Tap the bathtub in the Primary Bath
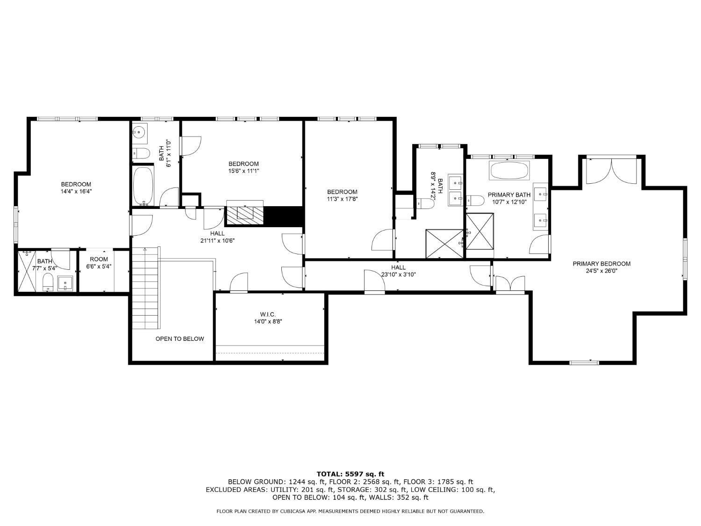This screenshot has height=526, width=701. (x=509, y=171)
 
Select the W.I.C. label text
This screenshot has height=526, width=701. (x=268, y=314)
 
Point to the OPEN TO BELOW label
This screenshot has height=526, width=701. (x=179, y=339)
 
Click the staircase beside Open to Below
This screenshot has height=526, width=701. (x=146, y=290)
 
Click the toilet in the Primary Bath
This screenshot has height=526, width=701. (x=475, y=201)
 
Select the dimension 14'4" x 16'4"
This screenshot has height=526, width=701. (x=76, y=191)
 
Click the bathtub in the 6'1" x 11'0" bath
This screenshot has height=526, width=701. (x=143, y=186)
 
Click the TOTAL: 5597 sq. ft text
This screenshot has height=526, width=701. (x=350, y=474)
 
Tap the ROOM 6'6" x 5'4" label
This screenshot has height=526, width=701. (x=99, y=263)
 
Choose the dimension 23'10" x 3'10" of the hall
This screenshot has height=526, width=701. (x=398, y=274)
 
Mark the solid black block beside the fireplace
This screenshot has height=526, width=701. (x=284, y=216)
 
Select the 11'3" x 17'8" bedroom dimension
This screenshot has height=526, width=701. (x=342, y=199)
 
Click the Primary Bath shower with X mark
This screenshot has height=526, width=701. (x=479, y=231)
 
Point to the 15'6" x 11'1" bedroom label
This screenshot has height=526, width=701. (x=243, y=171)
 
